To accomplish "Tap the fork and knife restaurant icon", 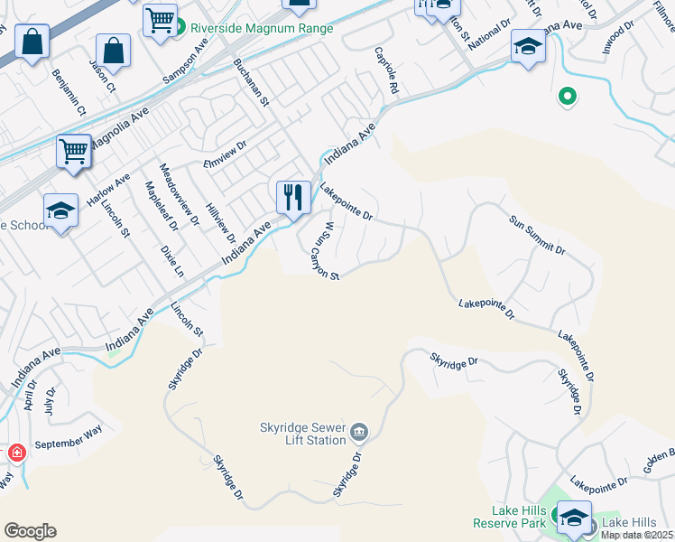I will point(293,198).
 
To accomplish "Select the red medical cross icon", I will point(16,453).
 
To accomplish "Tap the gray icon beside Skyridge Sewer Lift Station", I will point(359,433).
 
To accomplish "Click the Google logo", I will point(30,531).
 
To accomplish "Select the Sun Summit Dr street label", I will point(537,235).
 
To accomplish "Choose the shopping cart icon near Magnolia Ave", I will point(74,151).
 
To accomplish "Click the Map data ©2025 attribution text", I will point(637,535).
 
